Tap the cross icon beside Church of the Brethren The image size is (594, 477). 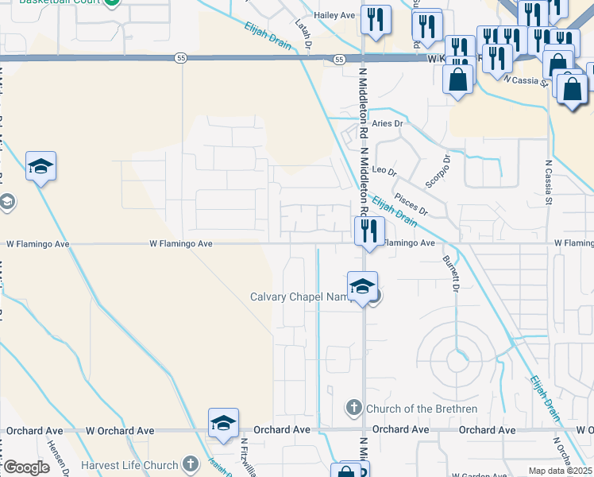pos(354,409)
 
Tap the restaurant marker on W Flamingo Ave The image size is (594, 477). pos(368,231)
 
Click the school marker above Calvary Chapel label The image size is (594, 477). pos(362,286)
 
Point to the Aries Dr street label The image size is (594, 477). pos(388,123)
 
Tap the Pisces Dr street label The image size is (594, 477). pos(411,204)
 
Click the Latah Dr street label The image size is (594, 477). pos(303,34)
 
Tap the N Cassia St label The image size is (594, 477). pos(548,184)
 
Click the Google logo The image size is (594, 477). pos(26,467)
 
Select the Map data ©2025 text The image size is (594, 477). pos(560,471)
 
